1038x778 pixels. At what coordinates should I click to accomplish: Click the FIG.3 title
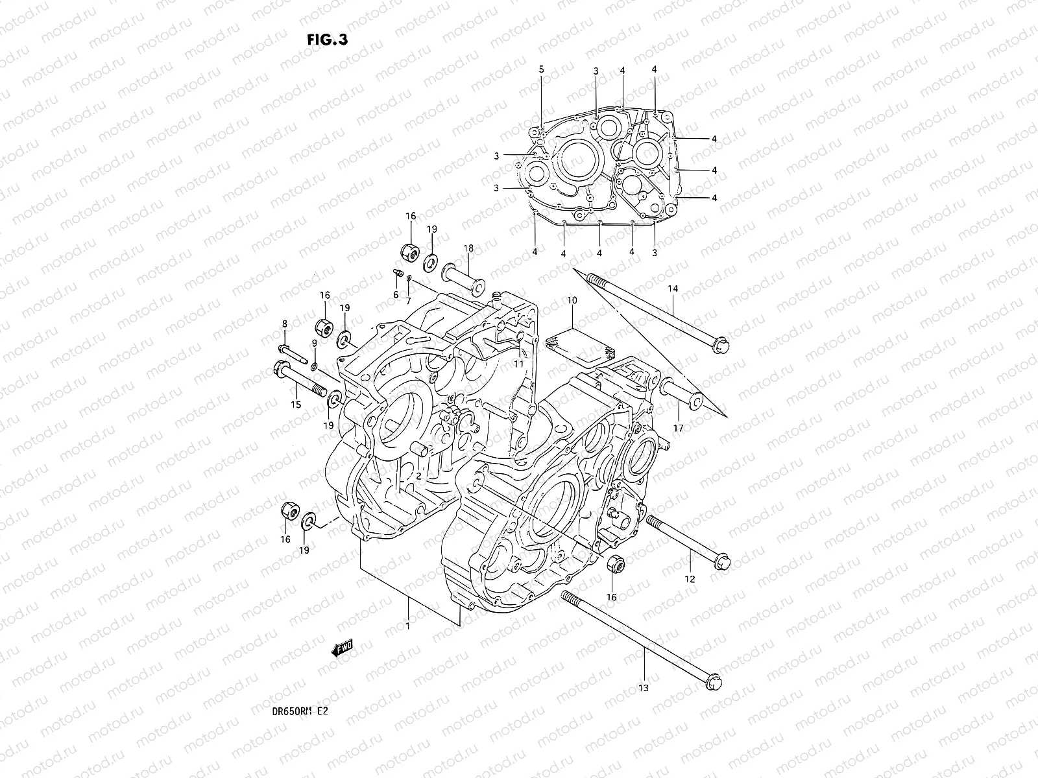click(328, 40)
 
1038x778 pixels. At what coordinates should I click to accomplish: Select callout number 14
click(672, 288)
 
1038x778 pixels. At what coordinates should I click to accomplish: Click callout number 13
click(644, 688)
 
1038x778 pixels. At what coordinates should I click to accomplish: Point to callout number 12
click(689, 578)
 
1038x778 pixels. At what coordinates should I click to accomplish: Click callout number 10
click(572, 300)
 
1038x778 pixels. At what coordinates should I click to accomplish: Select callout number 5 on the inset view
click(541, 69)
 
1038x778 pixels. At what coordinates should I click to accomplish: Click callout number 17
click(679, 428)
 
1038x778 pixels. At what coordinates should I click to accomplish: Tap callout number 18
click(468, 248)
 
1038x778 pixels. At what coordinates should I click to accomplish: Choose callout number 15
click(296, 405)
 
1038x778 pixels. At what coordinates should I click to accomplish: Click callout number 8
click(284, 324)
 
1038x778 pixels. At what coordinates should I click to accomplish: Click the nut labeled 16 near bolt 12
click(616, 564)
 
